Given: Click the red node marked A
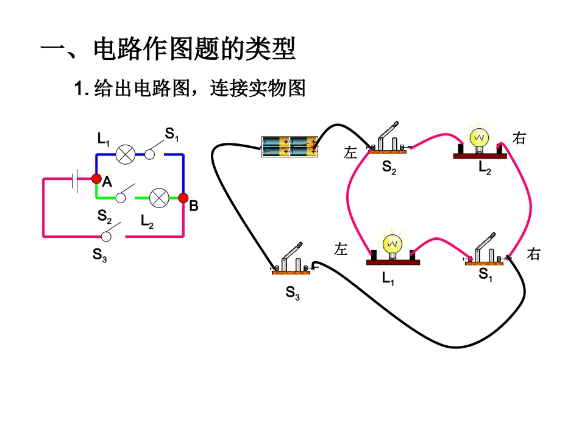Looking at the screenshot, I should pyautogui.click(x=96, y=179).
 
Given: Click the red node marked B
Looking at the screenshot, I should pyautogui.click(x=183, y=198).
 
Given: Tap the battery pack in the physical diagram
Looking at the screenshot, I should pyautogui.click(x=289, y=146).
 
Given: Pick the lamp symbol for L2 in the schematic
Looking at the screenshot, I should pyautogui.click(x=160, y=198).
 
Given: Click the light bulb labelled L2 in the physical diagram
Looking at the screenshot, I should pyautogui.click(x=480, y=143).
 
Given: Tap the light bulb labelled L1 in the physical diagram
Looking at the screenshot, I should pyautogui.click(x=393, y=248).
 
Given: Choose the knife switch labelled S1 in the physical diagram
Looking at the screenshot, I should pyautogui.click(x=485, y=251).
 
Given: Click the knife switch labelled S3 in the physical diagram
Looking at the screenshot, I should pyautogui.click(x=291, y=261).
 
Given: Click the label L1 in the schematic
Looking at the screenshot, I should pyautogui.click(x=103, y=139).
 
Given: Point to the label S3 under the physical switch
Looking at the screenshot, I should pyautogui.click(x=293, y=293).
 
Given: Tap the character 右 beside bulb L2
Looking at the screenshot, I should pyautogui.click(x=519, y=138).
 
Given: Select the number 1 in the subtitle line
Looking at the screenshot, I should pyautogui.click(x=77, y=90).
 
